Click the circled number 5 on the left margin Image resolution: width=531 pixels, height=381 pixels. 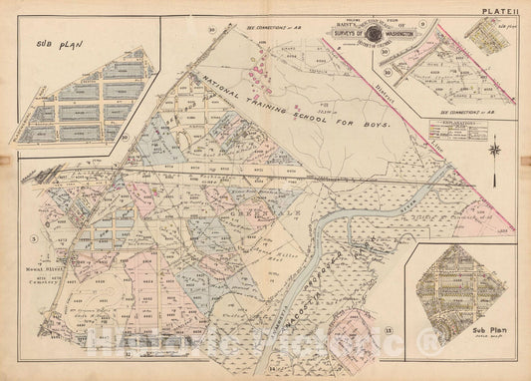(x=33, y=238)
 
